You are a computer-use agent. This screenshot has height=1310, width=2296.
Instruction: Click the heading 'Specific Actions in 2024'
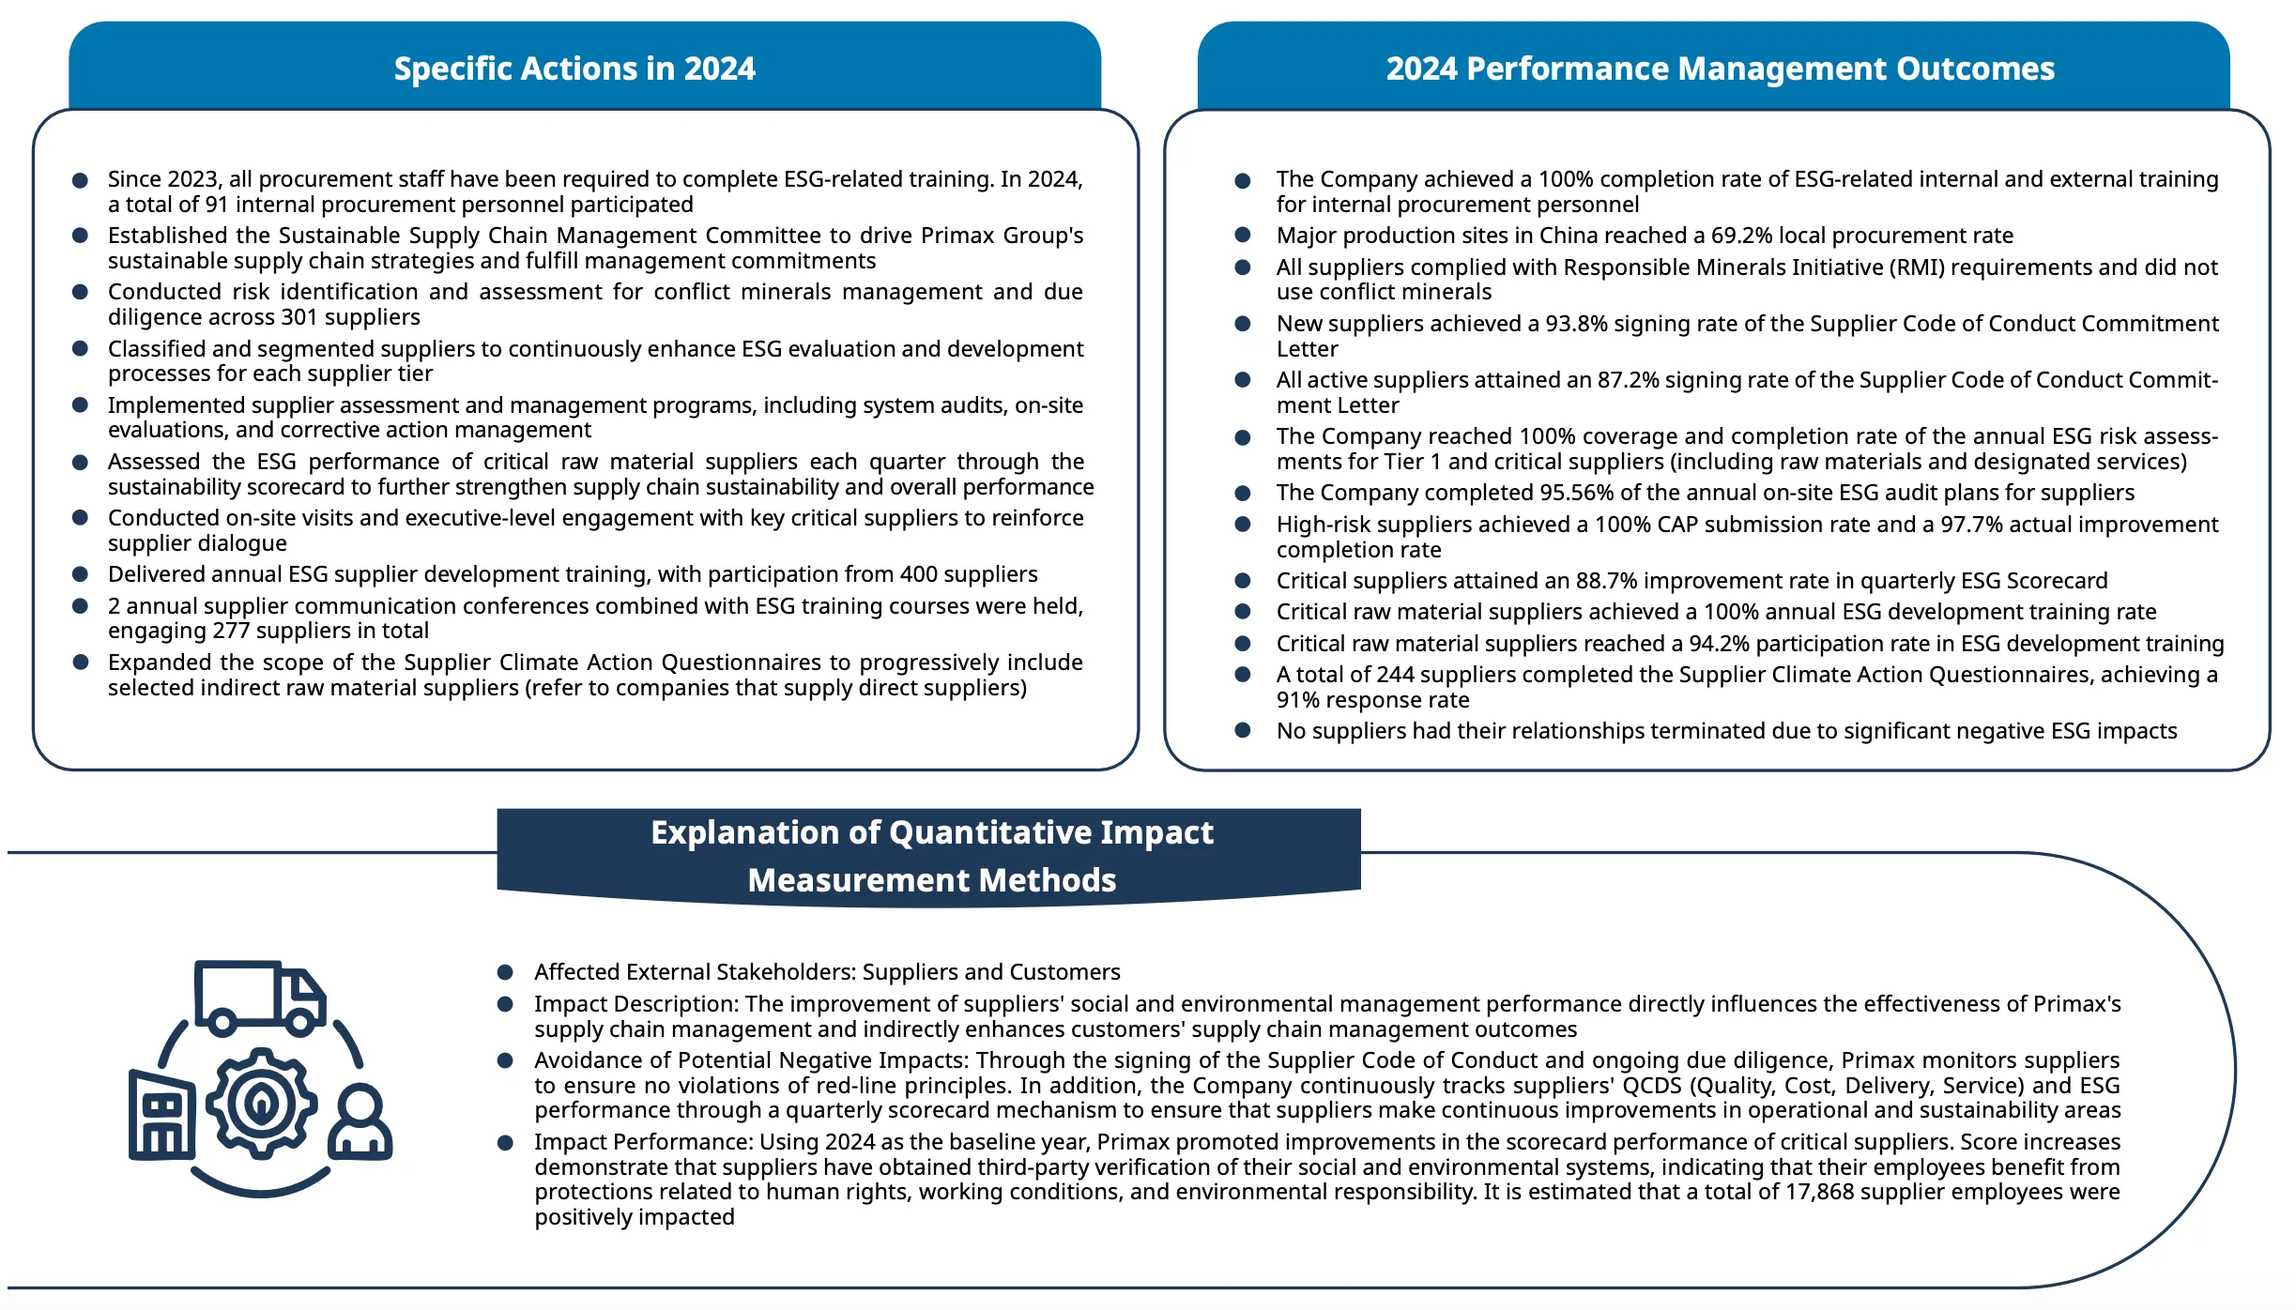(574, 69)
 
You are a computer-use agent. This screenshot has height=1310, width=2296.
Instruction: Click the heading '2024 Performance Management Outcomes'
(1720, 69)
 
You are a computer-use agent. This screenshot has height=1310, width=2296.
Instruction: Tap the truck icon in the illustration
(260, 997)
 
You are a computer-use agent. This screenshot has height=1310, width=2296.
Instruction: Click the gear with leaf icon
(261, 1103)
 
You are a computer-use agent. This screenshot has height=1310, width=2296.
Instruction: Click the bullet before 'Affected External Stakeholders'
(505, 972)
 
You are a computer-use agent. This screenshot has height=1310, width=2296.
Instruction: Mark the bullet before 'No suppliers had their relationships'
(1242, 731)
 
